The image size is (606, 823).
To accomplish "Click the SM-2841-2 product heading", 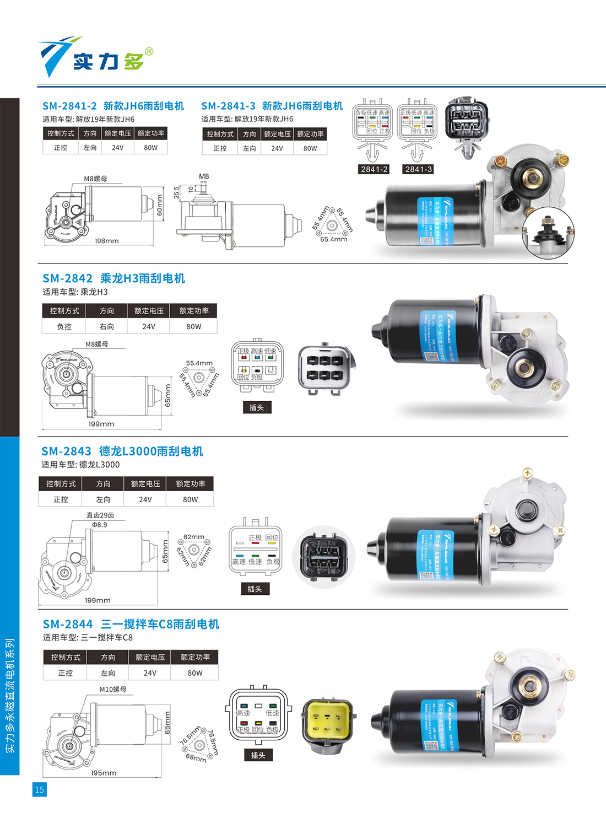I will pyautogui.click(x=113, y=106).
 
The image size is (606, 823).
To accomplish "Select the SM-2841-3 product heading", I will pyautogui.click(x=272, y=106).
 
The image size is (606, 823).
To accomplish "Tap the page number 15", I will pyautogui.click(x=39, y=789).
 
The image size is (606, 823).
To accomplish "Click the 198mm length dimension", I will pyautogui.click(x=106, y=241).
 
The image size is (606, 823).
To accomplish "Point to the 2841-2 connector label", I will pyautogui.click(x=374, y=169).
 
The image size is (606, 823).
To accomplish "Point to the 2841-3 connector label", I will pyautogui.click(x=419, y=169).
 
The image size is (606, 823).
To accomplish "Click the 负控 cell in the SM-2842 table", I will pyautogui.click(x=64, y=326).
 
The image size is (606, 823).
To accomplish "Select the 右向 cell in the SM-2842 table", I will pyautogui.click(x=107, y=326).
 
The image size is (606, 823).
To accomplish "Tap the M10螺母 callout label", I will pyautogui.click(x=113, y=689).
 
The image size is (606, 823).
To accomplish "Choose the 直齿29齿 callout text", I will pyautogui.click(x=100, y=515).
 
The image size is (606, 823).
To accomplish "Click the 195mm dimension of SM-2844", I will pyautogui.click(x=104, y=773).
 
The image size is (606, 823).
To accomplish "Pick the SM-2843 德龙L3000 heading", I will pyautogui.click(x=122, y=451).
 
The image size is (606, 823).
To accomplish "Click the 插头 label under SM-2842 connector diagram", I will pyautogui.click(x=257, y=407).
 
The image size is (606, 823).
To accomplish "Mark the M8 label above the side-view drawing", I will pyautogui.click(x=204, y=176).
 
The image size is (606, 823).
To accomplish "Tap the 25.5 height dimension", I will pyautogui.click(x=176, y=192).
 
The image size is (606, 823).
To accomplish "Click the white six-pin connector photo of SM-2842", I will pyautogui.click(x=324, y=369).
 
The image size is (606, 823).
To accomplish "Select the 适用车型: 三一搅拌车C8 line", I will pyautogui.click(x=88, y=637).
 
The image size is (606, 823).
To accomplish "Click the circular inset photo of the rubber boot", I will pyautogui.click(x=548, y=234).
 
